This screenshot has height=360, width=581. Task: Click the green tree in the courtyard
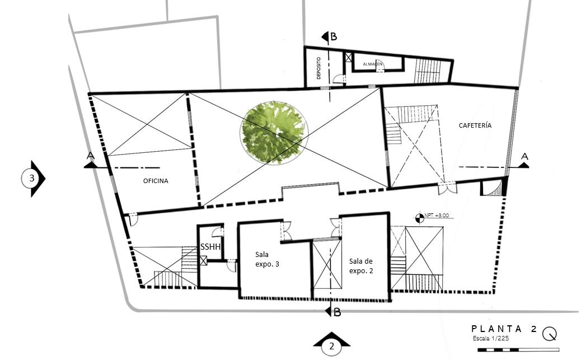pos(274,132)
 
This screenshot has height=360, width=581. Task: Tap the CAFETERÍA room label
pos(475,125)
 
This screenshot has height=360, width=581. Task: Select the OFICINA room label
pos(156,181)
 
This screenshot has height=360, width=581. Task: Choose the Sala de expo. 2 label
pos(360,265)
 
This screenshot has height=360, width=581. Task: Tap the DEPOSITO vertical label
pos(318,68)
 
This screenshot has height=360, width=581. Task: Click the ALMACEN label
pos(373,64)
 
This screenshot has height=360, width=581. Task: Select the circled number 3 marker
pos(32,179)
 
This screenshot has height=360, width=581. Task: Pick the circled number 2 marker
pos(331,347)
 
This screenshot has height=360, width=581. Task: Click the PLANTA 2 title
pos(504,329)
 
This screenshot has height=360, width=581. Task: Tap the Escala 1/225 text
pos(491,338)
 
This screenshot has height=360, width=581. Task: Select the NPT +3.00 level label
pos(437,216)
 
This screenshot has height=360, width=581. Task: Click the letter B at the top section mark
pos(334,37)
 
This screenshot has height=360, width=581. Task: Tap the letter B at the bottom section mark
pos(337,312)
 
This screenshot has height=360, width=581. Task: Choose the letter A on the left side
pos(90,155)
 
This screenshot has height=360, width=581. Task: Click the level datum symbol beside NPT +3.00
pos(420,216)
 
